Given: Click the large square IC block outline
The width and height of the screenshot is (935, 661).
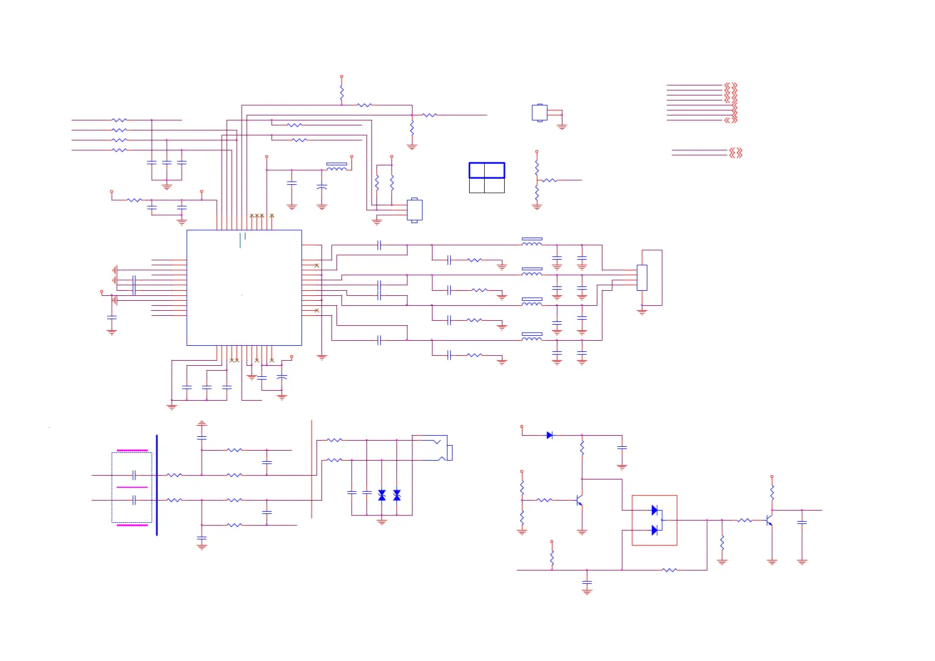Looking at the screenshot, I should (x=244, y=287).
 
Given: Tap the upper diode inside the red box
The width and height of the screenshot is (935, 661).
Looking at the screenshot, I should (x=654, y=510).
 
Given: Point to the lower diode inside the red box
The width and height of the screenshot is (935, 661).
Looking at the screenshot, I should (x=654, y=530).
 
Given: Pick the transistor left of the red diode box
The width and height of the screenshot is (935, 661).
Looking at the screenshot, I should (x=579, y=500).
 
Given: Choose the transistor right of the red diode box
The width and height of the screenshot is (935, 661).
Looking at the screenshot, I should (x=769, y=520).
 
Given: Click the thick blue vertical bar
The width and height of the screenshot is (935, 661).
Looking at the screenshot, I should (x=157, y=485).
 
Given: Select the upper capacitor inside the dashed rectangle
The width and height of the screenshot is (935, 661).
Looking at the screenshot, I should (x=134, y=475).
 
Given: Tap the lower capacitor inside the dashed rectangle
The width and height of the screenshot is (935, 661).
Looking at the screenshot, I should (x=134, y=500).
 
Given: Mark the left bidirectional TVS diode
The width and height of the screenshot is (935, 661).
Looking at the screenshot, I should (x=381, y=495).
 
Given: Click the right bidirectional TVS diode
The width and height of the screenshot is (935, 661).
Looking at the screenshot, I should (x=396, y=495).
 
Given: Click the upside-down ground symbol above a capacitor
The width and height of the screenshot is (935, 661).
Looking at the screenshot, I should (x=202, y=423).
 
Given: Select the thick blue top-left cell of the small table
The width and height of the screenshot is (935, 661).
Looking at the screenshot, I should (x=477, y=170).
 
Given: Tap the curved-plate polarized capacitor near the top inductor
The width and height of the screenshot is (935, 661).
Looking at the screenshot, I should (x=321, y=188).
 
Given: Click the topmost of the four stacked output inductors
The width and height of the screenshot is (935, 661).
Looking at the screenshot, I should (x=531, y=242).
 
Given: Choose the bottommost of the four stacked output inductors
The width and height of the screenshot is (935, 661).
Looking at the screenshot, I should (x=531, y=337).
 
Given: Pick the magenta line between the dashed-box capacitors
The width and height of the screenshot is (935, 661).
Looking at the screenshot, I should (x=132, y=487).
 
